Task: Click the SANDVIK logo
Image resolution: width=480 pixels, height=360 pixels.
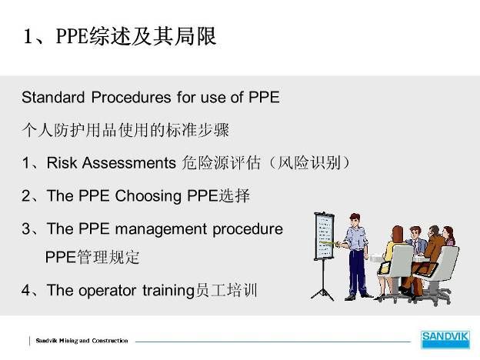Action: [x=445, y=339]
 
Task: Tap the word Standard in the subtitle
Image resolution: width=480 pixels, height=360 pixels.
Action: [x=53, y=98]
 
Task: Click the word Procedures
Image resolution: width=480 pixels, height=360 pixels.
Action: [x=132, y=98]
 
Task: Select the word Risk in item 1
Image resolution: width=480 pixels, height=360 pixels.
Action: [x=62, y=162]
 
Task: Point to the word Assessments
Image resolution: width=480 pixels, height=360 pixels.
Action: [x=129, y=162]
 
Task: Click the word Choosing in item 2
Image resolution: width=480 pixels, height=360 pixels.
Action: [x=148, y=196]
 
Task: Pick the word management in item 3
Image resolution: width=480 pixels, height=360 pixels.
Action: [x=161, y=229]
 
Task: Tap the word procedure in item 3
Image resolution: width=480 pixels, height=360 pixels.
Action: [x=248, y=229]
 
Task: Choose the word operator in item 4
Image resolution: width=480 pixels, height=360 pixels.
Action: [x=107, y=291]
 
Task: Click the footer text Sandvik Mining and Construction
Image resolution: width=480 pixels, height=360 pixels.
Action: [x=82, y=341]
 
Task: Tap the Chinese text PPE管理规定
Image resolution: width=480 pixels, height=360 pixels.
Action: [x=92, y=257]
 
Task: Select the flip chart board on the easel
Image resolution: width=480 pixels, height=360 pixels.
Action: [x=324, y=237]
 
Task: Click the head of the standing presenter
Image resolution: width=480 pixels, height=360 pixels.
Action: [x=355, y=220]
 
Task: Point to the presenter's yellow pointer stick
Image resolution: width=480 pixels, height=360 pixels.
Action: [x=328, y=243]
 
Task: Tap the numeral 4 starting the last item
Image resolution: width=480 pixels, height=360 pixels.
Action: [x=25, y=290]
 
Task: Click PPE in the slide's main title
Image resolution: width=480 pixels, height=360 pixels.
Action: [x=72, y=36]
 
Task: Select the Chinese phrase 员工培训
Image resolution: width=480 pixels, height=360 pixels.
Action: [x=226, y=290]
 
